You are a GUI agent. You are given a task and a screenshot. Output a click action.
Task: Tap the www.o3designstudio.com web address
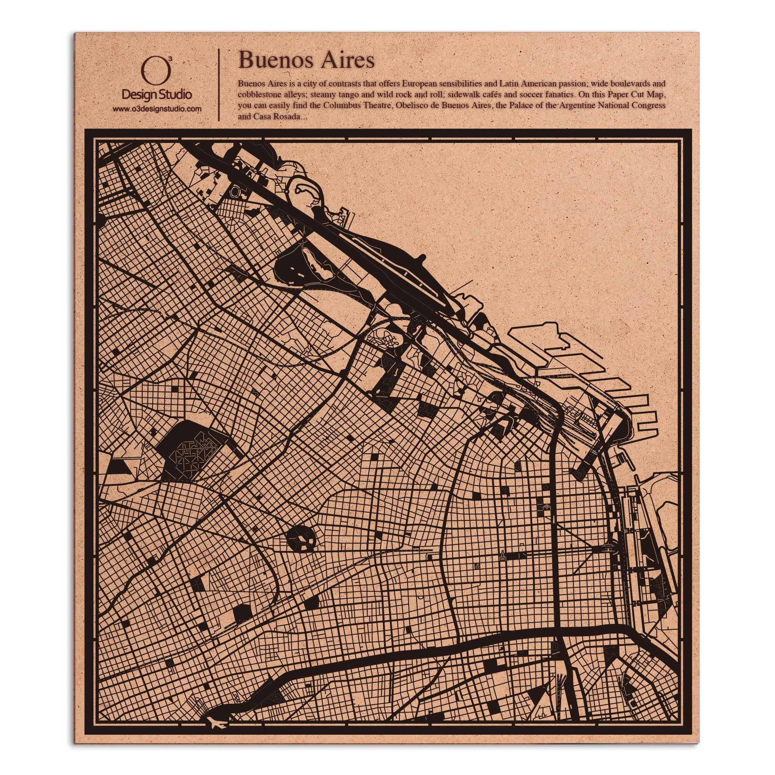click(157, 109)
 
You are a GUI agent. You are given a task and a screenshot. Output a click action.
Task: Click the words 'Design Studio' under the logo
click(157, 95)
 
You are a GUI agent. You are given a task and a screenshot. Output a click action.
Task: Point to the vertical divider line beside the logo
click(218, 85)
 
